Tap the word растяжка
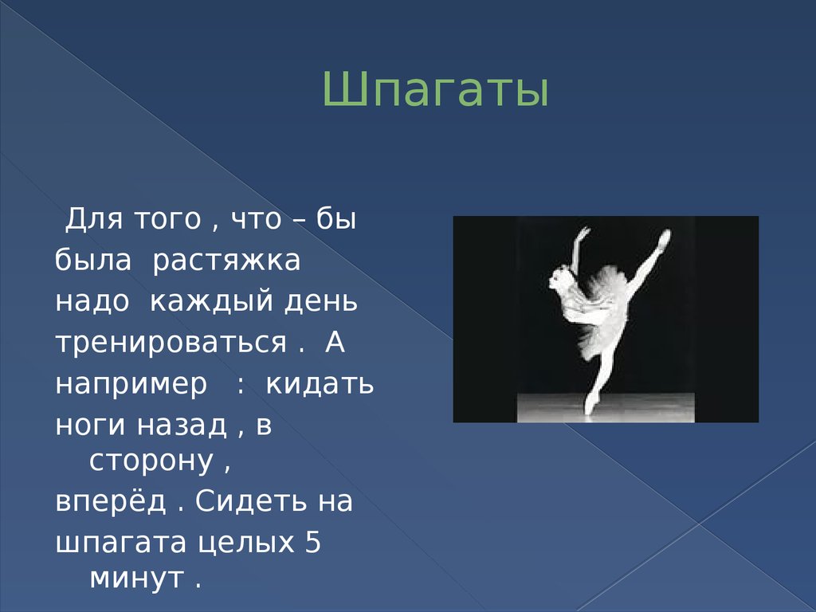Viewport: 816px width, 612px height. click(x=226, y=261)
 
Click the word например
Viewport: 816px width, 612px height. click(x=131, y=384)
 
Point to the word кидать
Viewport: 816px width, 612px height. click(x=320, y=383)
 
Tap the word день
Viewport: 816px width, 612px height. click(x=316, y=302)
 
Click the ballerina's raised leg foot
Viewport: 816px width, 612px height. click(x=665, y=236)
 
